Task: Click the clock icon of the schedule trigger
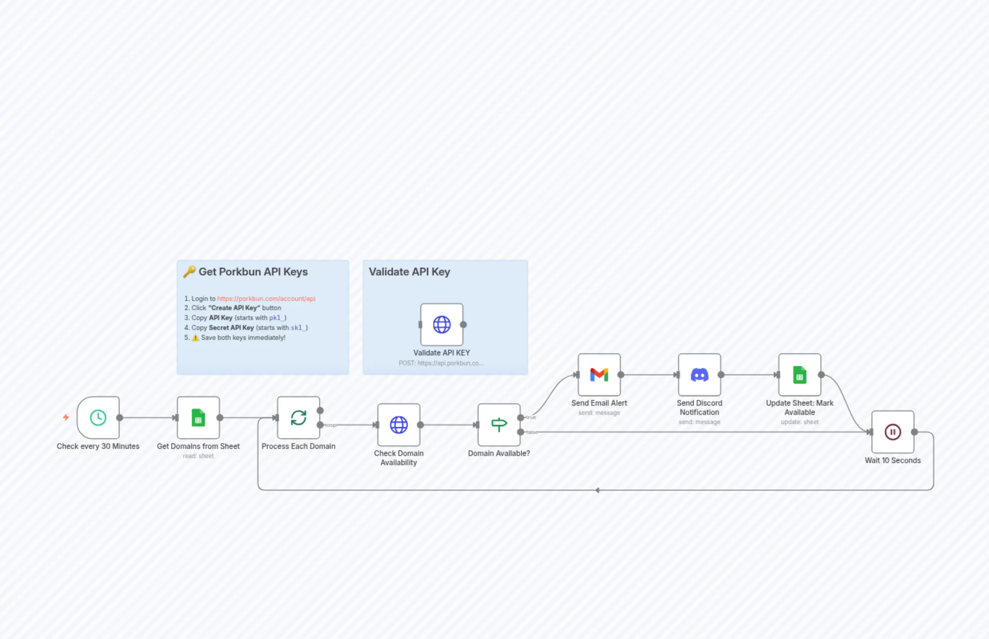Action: tap(98, 417)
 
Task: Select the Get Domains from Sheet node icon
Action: tap(198, 417)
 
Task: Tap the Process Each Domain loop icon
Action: tap(298, 417)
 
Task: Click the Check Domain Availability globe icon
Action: tap(399, 424)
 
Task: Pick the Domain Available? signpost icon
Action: tap(499, 424)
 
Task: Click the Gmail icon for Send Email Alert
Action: tap(599, 375)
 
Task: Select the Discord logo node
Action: tap(699, 375)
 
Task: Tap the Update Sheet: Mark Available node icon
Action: tap(799, 375)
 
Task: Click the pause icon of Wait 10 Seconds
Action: tap(892, 432)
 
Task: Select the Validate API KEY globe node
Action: tap(441, 325)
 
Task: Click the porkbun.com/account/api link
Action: tap(266, 298)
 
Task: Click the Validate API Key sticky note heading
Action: tap(409, 272)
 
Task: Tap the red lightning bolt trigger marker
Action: tap(66, 417)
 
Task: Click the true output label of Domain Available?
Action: tap(531, 417)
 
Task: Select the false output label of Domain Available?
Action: tap(531, 432)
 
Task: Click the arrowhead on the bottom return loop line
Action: tap(598, 490)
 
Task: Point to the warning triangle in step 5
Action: tap(195, 338)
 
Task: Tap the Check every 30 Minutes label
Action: tap(98, 446)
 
